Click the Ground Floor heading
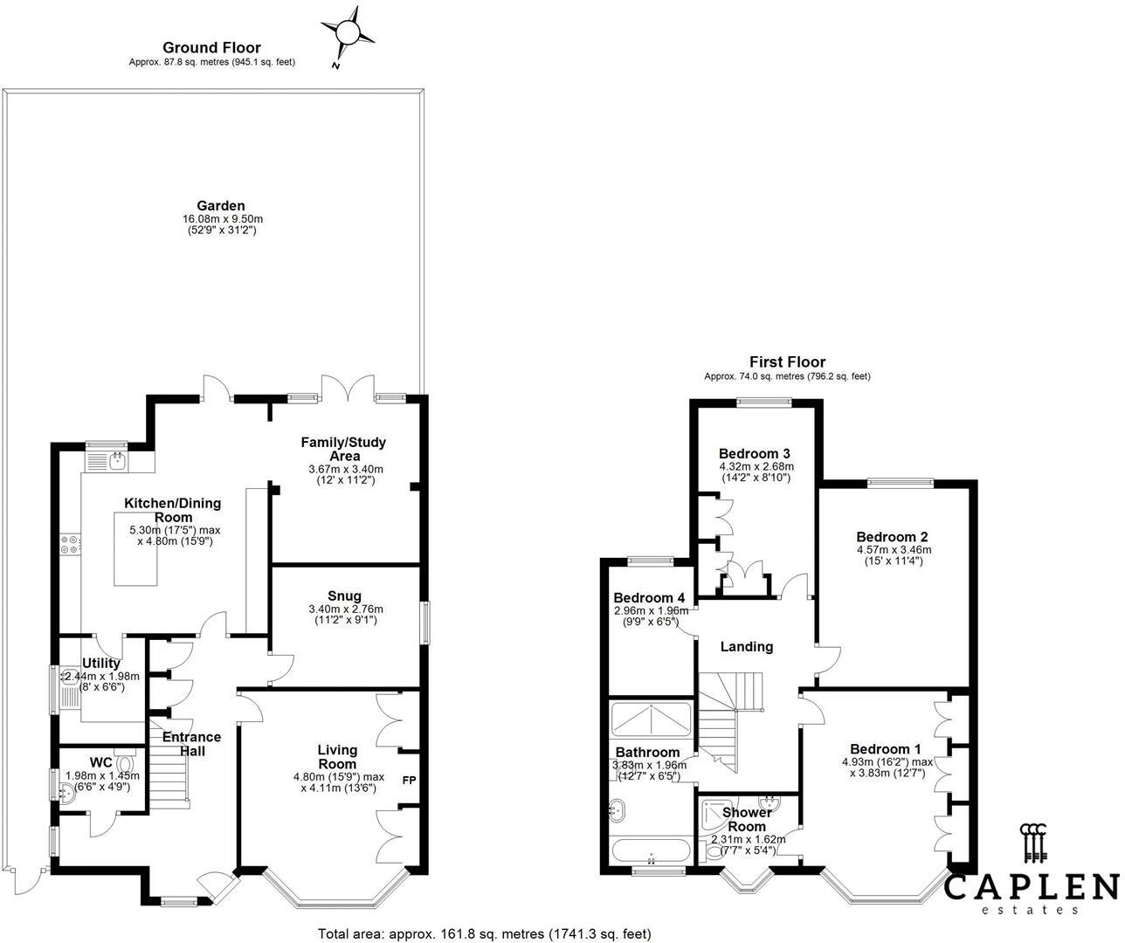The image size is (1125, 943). tap(211, 48)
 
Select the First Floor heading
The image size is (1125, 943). tap(786, 361)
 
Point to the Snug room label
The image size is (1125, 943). tap(345, 596)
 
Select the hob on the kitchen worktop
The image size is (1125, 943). tap(70, 545)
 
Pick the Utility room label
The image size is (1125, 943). tap(100, 664)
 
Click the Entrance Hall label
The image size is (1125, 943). tap(191, 743)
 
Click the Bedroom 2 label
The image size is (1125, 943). tap(892, 537)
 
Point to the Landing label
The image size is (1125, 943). tap(746, 647)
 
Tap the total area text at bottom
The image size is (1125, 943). tap(484, 933)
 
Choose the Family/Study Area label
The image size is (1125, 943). tap(343, 449)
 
